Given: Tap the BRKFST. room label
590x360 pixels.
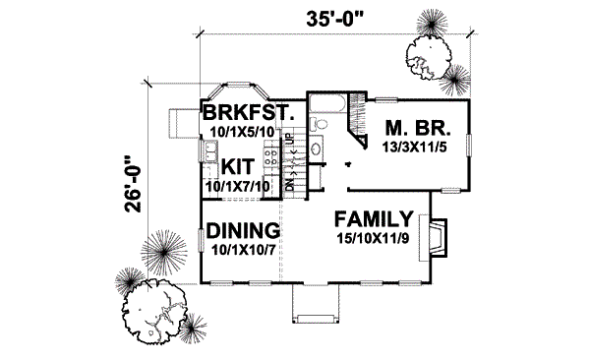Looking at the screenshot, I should click(x=247, y=112).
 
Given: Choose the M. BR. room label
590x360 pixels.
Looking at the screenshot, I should click(x=417, y=129).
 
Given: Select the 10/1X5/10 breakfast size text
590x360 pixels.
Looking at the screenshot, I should click(x=247, y=130).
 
